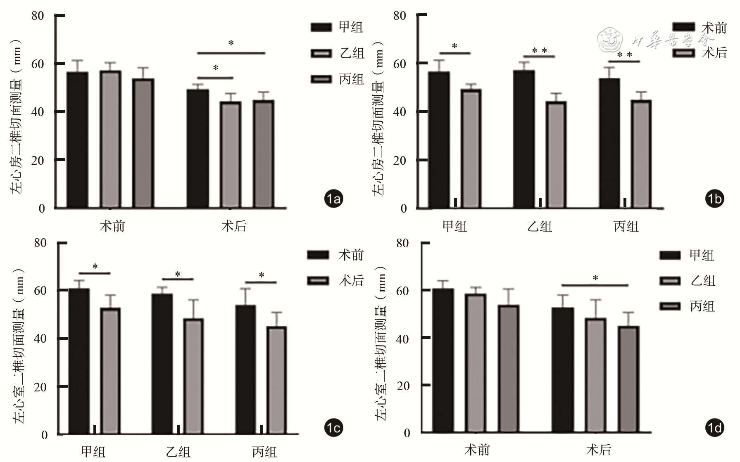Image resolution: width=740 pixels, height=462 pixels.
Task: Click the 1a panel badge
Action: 333,199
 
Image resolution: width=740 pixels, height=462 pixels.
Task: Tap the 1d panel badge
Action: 714,428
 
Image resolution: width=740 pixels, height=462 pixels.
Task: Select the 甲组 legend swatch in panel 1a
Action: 321,27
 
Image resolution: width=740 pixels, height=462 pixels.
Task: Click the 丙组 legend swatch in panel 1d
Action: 670,306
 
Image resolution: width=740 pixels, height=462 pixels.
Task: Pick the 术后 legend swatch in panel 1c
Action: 318,281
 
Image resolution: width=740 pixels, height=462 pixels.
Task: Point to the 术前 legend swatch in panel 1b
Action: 683,27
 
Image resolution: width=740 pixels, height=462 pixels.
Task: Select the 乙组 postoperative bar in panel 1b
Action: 556,154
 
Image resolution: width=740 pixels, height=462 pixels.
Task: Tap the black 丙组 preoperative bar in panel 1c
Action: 246,369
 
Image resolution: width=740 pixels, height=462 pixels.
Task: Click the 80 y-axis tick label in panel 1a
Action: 38,16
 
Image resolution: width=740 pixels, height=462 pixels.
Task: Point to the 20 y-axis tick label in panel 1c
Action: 40,387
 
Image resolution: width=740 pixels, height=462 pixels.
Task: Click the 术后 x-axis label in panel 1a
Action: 234,226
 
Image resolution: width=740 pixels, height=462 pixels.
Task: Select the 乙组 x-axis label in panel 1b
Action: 540,226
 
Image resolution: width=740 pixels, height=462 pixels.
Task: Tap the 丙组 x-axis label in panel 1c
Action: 264,452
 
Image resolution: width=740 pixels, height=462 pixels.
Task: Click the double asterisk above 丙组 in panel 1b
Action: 624,55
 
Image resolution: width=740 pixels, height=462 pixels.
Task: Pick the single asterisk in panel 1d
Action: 595,279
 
